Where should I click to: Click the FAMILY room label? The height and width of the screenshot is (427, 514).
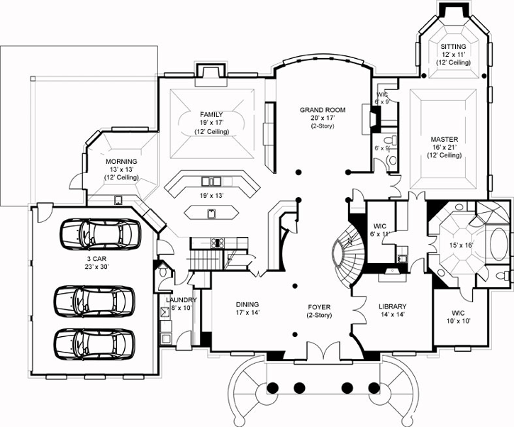click(x=211, y=114)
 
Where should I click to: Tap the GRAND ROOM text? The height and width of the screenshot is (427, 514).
click(x=322, y=110)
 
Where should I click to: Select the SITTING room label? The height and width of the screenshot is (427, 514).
click(x=453, y=46)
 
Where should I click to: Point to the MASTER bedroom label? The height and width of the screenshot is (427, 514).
click(x=444, y=139)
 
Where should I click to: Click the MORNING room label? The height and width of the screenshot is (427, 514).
click(x=121, y=162)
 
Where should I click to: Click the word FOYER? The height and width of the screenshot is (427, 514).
click(x=319, y=306)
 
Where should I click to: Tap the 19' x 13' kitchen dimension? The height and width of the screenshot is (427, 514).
click(x=211, y=195)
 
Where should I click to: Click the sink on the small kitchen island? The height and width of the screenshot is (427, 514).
click(x=211, y=212)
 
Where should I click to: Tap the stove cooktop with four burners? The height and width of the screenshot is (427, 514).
click(x=217, y=243)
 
